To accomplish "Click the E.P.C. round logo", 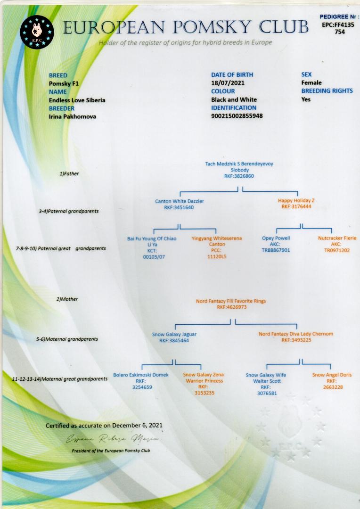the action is click(37, 32).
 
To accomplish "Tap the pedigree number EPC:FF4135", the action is click(338, 25).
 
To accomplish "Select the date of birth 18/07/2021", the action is click(228, 83).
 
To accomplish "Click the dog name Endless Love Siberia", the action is click(77, 100).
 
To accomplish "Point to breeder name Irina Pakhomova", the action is click(73, 116).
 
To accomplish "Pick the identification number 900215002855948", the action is click(237, 116).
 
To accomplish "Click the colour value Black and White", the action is click(234, 99).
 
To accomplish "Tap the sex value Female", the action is click(311, 83).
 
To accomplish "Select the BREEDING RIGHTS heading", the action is click(327, 91).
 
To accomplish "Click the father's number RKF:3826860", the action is click(239, 176).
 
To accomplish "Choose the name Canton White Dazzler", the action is click(180, 201).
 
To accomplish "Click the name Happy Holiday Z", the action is click(296, 201).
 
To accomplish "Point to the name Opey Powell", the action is click(276, 238).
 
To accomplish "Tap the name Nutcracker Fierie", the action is click(337, 238).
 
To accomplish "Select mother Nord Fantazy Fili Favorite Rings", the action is click(231, 301).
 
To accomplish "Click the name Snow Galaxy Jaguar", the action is click(174, 334).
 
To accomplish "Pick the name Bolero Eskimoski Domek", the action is click(141, 375).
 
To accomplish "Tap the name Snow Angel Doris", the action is click(332, 375).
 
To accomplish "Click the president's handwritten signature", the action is click(113, 439).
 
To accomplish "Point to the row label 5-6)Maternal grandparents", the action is click(67, 339).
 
